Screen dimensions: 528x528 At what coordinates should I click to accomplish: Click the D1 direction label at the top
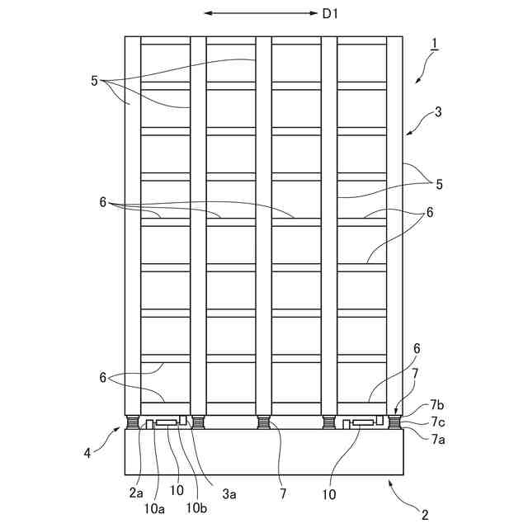(x=330, y=14)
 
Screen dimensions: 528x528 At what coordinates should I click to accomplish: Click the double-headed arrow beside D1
(x=260, y=14)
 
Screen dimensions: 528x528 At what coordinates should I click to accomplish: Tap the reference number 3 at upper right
(x=437, y=111)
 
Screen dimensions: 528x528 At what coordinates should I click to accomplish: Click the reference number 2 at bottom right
(x=425, y=515)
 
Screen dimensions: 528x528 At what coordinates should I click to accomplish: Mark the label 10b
(x=196, y=508)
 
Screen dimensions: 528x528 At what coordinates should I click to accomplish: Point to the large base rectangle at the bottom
(x=264, y=453)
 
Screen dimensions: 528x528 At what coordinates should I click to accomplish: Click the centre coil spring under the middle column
(x=264, y=423)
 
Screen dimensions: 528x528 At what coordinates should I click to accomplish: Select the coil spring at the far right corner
(x=394, y=423)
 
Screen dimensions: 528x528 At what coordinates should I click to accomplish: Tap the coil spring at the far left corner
(x=133, y=423)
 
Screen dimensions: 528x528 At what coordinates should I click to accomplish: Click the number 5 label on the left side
(x=95, y=81)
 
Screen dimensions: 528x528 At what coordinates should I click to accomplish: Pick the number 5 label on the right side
(x=438, y=185)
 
